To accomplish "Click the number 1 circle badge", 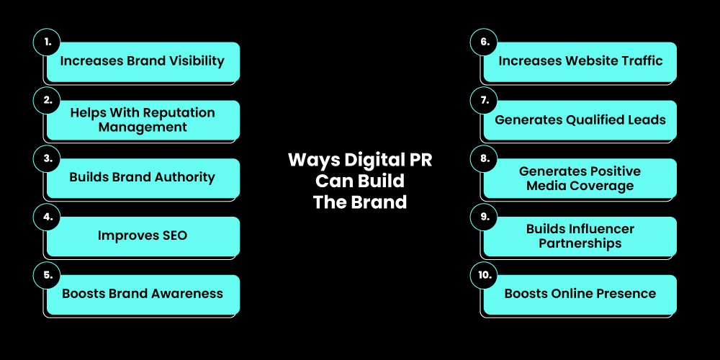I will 48,42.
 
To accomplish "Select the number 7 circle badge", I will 484,101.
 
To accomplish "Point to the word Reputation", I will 180,113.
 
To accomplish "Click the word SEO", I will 172,235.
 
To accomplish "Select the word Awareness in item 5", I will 189,293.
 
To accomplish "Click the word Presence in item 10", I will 624,293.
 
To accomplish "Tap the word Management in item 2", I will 143,127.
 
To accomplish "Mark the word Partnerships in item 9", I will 580,243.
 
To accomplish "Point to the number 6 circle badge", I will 484,42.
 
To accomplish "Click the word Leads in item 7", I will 646,120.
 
